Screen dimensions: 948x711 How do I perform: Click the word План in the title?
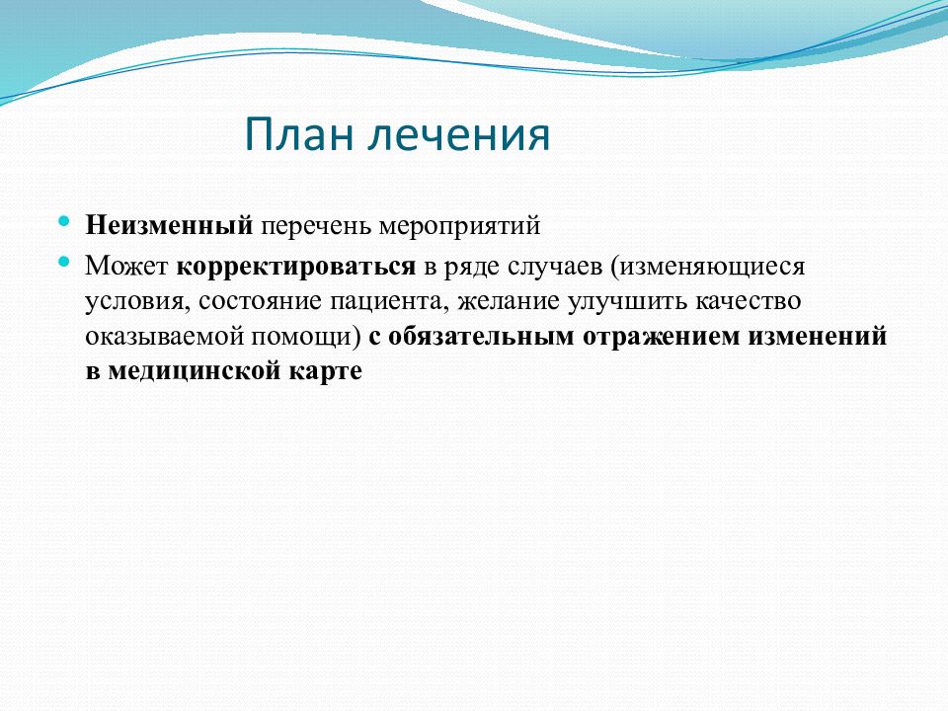299,133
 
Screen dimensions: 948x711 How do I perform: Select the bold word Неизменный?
169,225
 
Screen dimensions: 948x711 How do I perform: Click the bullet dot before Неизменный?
64,222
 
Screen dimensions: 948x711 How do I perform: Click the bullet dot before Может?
64,262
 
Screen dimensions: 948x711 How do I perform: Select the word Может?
126,266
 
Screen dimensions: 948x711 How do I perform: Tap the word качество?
748,300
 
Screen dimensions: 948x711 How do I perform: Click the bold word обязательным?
481,336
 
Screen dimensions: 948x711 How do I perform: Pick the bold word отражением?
662,337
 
